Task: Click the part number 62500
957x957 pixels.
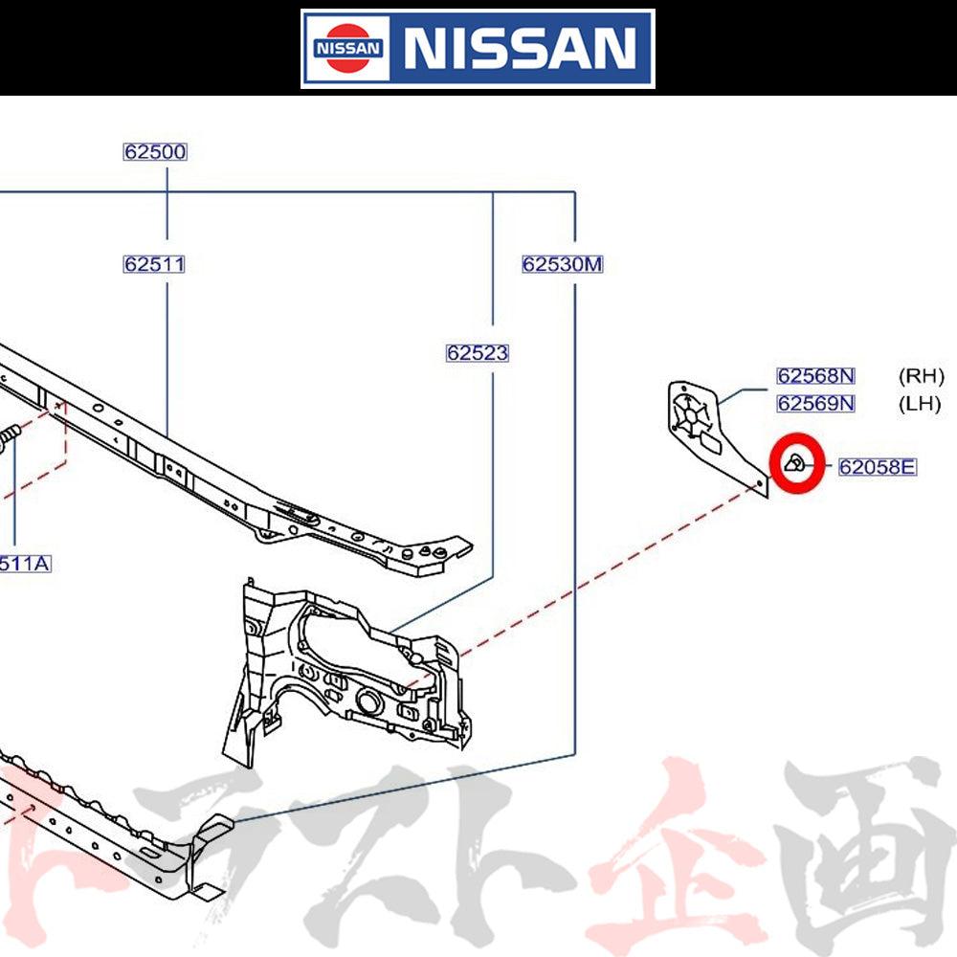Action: point(154,151)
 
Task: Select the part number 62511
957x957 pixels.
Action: point(154,264)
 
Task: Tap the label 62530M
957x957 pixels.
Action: point(563,264)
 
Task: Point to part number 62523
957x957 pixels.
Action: point(477,353)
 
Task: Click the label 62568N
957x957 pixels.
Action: point(815,376)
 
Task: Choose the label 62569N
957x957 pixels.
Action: point(815,403)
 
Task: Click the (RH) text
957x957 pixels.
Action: point(921,376)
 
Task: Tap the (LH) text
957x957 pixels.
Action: point(920,403)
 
